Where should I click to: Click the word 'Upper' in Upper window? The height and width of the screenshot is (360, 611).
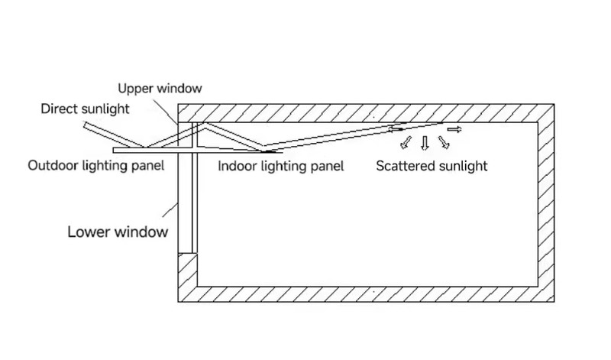[x=136, y=89]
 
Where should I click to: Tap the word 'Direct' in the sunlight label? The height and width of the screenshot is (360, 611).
[x=60, y=109]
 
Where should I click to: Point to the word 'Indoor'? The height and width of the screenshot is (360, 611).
[x=237, y=165]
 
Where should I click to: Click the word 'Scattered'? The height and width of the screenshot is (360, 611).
[x=405, y=165]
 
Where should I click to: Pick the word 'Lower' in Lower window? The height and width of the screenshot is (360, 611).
[x=88, y=232]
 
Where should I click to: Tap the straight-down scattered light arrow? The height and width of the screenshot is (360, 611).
[x=425, y=142]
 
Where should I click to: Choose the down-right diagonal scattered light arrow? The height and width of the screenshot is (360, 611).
[x=443, y=141]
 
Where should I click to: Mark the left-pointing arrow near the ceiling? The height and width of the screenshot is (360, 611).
[x=398, y=128]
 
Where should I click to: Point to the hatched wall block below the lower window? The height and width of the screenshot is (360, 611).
[x=188, y=277]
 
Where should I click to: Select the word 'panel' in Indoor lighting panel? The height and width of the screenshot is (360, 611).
[x=327, y=165]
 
